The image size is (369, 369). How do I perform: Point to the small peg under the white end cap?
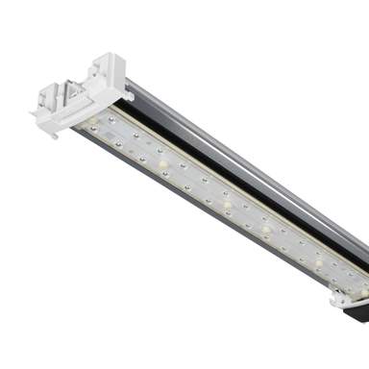(x=55, y=135)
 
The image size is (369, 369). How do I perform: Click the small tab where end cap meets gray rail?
(x=128, y=94)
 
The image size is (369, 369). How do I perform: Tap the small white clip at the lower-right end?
(x=341, y=299)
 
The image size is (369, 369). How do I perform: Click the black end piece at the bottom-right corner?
(x=357, y=310)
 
